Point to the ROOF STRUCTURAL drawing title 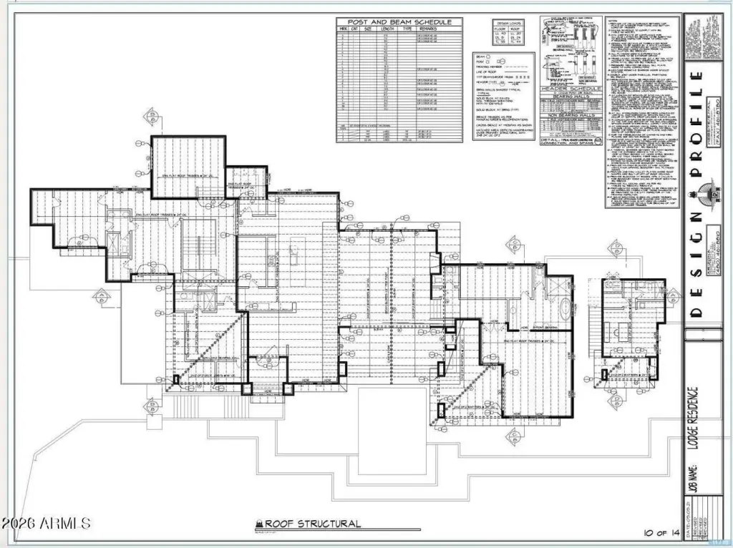tap(313, 524)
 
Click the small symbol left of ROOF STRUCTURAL tap(259, 524)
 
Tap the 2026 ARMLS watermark tap(46, 523)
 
